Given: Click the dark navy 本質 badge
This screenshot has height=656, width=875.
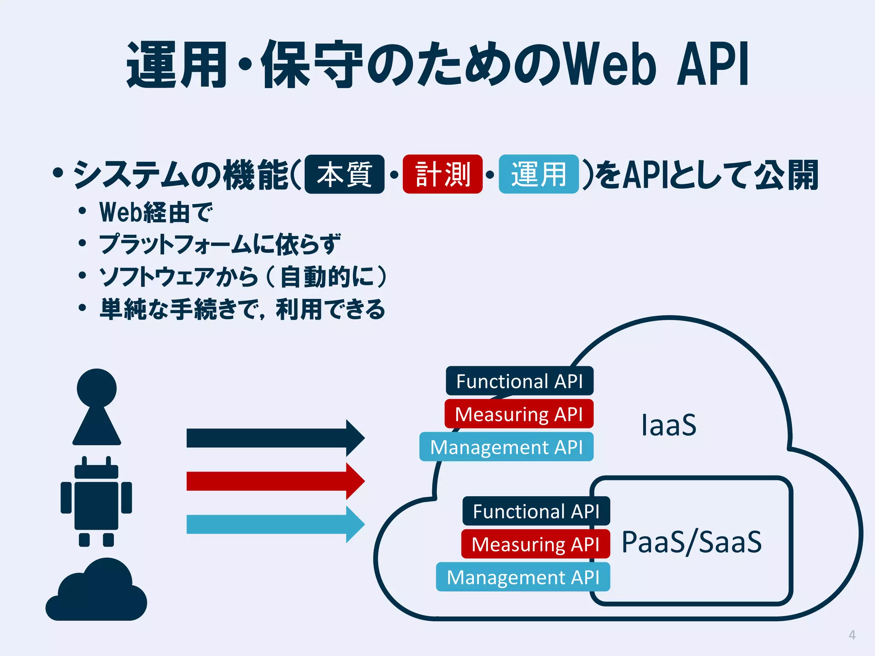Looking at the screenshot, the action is [344, 174].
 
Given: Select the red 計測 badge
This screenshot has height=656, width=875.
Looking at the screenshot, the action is [442, 174].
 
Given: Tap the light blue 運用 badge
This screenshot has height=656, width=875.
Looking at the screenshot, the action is [538, 174].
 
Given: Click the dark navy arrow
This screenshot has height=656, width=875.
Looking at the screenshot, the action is [273, 438].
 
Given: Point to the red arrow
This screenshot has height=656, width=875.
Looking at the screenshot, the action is [273, 481].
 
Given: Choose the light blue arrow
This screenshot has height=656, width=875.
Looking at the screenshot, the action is [273, 524].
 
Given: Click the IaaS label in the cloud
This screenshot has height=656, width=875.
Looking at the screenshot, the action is [669, 425].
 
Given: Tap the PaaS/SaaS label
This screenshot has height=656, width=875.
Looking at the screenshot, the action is [691, 542].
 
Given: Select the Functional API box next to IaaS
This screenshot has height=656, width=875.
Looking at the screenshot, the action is [519, 381].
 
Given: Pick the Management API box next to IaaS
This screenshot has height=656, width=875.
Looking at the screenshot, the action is [506, 447].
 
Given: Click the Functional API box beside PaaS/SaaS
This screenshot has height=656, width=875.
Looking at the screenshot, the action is [536, 511].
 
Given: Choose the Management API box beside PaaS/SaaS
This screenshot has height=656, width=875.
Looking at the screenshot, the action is [523, 577].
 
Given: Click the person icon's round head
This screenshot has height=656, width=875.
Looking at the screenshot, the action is [97, 388].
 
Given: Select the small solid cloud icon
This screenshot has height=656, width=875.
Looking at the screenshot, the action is [96, 592].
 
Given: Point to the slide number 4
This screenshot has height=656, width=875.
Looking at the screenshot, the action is [852, 635].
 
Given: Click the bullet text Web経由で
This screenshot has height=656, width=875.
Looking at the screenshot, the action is [156, 212].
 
